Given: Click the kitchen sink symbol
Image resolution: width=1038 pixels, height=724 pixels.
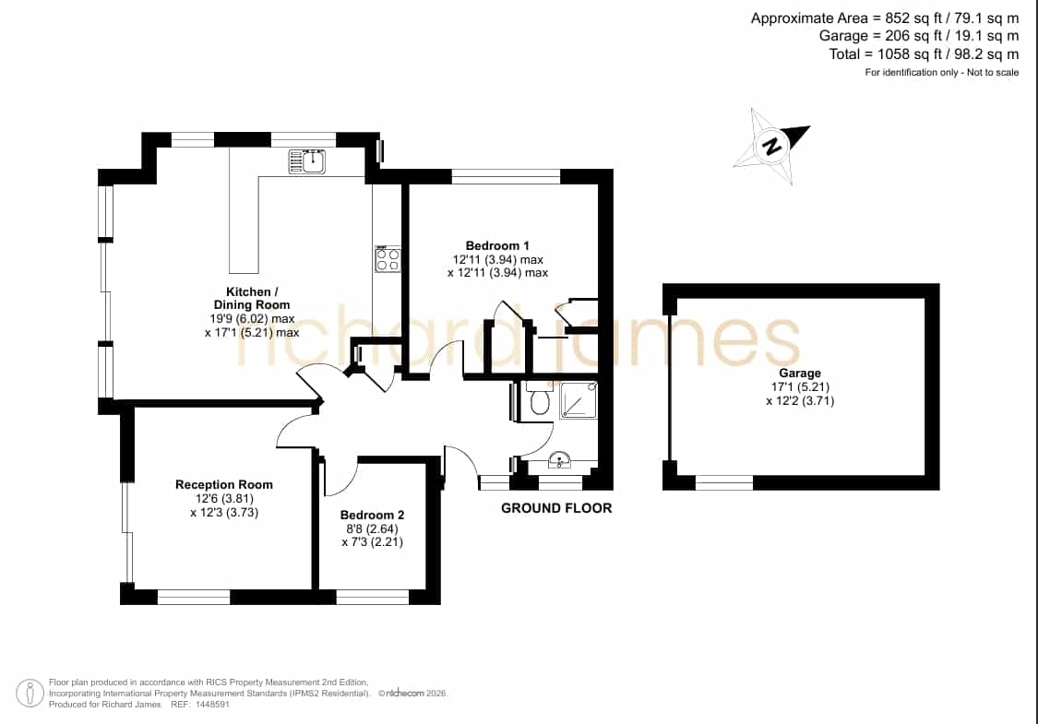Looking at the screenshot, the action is pos(306,161).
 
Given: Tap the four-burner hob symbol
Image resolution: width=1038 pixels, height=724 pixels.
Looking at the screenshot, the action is pos(388,259).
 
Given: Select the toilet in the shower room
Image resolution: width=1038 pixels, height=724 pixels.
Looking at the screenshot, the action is pos(540,399).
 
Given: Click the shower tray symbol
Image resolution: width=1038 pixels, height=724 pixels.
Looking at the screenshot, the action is pos(579,399).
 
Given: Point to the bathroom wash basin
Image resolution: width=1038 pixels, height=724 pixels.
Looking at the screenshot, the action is pos(560,459).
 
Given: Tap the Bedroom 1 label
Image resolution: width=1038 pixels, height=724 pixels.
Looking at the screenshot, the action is pos(497,245).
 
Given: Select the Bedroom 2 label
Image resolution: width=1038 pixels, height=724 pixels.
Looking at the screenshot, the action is pos(372,515).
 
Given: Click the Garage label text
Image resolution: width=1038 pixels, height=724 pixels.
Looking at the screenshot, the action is pos(800,374).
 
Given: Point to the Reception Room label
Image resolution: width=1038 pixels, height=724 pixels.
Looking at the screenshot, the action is pos(224,484).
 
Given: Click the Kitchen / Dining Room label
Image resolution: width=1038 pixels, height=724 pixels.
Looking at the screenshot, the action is pos(252,299).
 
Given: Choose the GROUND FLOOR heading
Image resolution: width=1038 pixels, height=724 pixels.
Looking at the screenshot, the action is pos(556,508).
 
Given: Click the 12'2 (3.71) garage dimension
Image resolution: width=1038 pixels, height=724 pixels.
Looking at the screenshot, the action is pos(800,401).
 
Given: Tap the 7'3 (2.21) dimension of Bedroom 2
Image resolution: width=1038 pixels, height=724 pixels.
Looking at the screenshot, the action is pos(373,542).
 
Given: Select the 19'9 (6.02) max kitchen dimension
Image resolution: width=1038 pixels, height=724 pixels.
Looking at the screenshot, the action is pos(252,319).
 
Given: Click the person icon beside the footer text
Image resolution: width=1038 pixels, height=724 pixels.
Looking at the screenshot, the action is pos(30,694).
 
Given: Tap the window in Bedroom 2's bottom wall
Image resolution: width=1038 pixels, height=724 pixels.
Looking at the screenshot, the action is pos(373,598).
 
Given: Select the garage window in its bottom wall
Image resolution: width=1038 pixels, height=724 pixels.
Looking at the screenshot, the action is pos(724,483).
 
